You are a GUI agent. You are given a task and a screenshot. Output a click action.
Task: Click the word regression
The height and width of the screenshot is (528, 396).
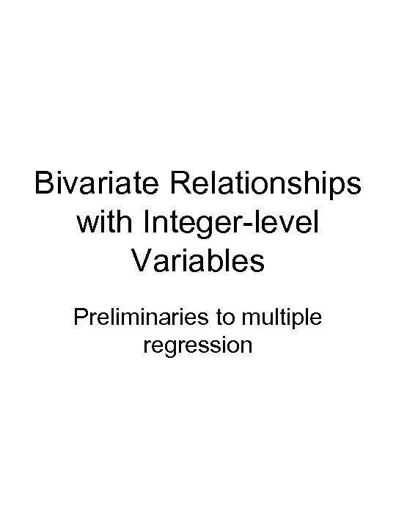pos(198,345)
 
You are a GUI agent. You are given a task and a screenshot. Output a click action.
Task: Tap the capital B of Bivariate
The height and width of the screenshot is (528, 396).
pos(44,185)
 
